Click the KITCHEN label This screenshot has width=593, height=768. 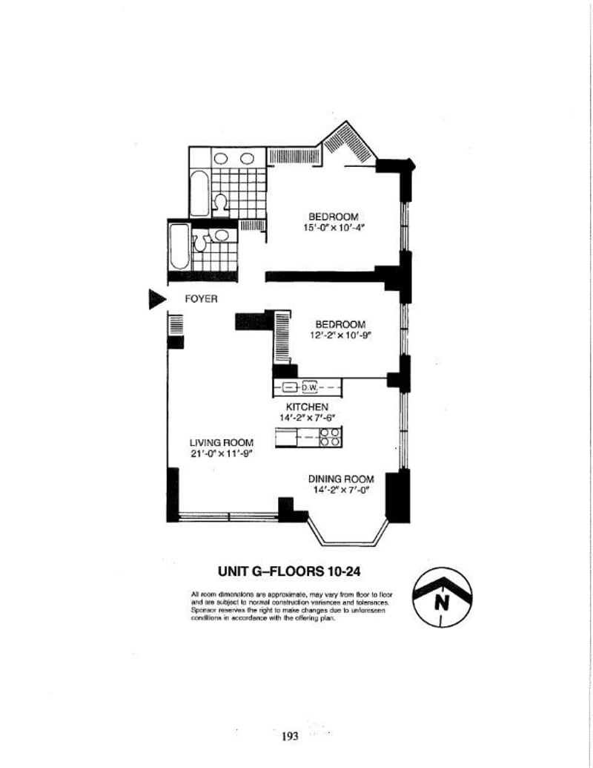click(x=308, y=407)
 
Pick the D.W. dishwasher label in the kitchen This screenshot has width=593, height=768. click(x=309, y=387)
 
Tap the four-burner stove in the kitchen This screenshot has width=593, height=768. click(x=331, y=438)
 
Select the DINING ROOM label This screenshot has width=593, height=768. click(x=341, y=479)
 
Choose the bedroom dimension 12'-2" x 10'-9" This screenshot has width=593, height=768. click(x=340, y=335)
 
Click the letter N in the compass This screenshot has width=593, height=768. click(x=442, y=603)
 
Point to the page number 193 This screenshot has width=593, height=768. click(x=289, y=736)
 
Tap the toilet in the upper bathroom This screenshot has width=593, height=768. click(x=221, y=203)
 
